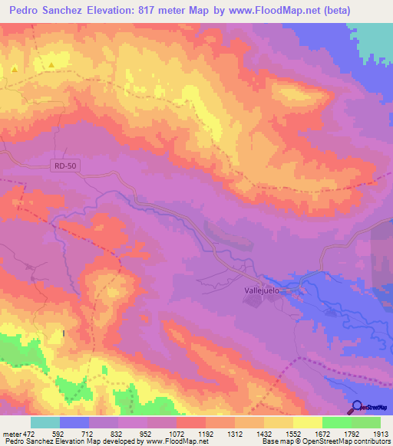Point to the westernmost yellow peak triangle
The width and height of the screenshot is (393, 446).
pos(14,69)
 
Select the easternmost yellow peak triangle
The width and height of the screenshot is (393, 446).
pos(51,66)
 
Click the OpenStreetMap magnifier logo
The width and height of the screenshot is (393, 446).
pos(358,407)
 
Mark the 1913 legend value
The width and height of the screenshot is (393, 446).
pos(380,434)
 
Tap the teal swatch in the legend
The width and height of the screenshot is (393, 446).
pos(45,422)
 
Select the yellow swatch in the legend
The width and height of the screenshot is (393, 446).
pos(307,422)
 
